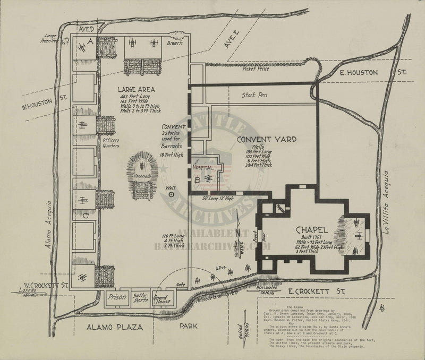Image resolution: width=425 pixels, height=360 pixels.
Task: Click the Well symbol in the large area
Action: pos(171,194)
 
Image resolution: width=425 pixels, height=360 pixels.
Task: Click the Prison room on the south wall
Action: pos(116,297)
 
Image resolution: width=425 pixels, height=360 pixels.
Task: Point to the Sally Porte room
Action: pos(140,297)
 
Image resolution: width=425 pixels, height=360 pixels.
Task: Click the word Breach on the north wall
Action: pos(175,42)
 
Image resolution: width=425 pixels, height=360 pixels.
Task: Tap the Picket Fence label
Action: pos(256,69)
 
